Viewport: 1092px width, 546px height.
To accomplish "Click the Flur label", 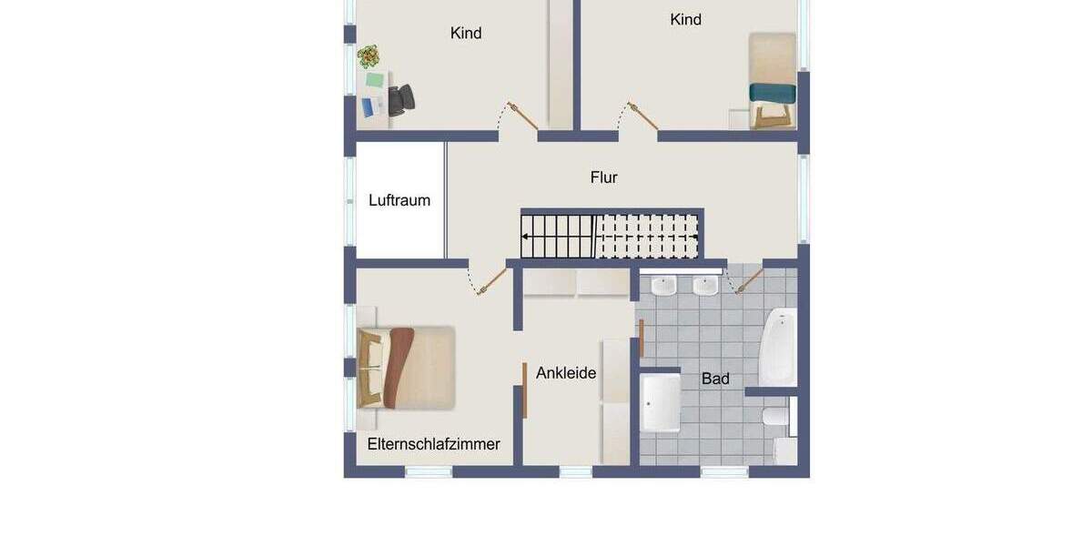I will click(603, 177).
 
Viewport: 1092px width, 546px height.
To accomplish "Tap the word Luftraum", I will click(399, 200).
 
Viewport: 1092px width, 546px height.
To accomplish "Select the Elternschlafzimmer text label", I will click(433, 444).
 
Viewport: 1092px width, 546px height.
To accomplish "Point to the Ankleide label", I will click(566, 372).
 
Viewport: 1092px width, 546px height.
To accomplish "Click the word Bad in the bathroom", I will click(715, 379).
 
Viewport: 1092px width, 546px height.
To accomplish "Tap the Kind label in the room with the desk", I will click(466, 33).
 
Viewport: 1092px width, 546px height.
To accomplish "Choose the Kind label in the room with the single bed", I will click(685, 19).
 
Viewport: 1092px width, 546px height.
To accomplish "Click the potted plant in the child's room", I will click(369, 57).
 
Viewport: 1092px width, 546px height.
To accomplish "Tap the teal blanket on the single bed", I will click(773, 92).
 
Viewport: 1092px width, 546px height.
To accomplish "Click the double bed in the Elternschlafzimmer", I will click(407, 368).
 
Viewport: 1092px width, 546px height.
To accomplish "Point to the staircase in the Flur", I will click(610, 237).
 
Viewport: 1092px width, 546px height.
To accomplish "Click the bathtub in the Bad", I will click(779, 346).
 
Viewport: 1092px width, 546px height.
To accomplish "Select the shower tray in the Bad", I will click(660, 403).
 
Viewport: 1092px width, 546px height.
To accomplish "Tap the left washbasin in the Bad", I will click(664, 286).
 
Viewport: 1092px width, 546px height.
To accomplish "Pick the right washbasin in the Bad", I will click(704, 286).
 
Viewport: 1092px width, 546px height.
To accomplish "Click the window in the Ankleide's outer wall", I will click(575, 471).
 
